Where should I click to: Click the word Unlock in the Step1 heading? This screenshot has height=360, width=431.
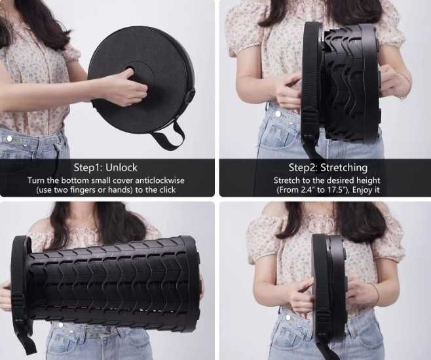pyautogui.click(x=121, y=167)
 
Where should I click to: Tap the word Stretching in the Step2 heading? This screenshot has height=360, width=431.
pyautogui.click(x=344, y=167)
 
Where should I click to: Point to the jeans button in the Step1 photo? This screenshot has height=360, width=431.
pyautogui.click(x=10, y=138)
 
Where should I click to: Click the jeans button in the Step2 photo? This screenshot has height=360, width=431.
pyautogui.click(x=278, y=113)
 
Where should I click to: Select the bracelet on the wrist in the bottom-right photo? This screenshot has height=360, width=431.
pyautogui.click(x=376, y=293)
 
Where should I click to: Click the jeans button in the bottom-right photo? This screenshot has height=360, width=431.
pyautogui.click(x=288, y=317)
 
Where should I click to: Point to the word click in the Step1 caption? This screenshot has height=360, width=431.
pyautogui.click(x=166, y=190)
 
